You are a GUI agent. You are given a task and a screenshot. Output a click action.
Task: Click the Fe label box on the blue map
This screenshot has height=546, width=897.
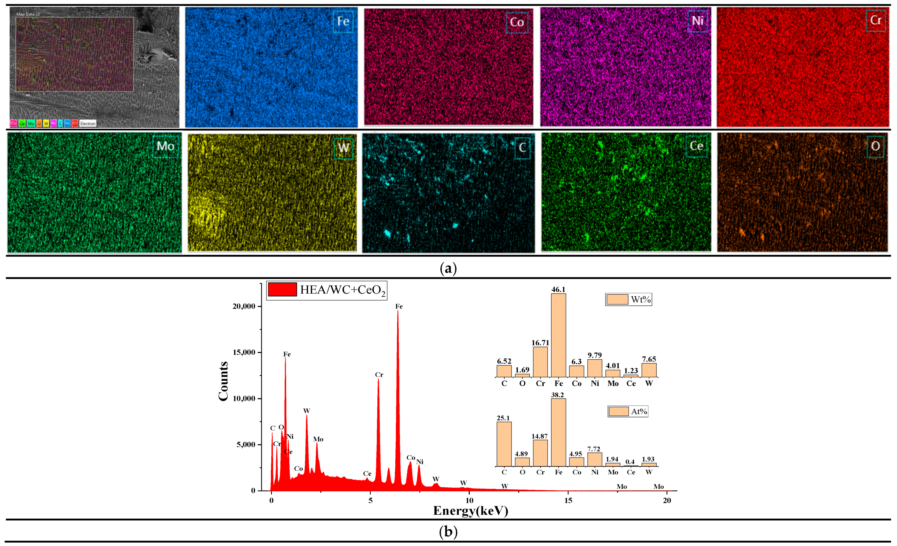click(343, 21)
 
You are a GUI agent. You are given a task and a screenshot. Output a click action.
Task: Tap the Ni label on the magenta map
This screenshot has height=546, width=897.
click(697, 21)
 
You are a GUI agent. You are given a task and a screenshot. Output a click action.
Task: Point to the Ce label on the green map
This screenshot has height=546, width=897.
click(696, 146)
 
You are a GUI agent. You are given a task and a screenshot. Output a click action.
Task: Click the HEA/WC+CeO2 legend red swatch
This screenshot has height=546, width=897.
click(282, 289)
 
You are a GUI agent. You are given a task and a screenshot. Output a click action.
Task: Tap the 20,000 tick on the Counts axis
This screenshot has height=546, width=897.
click(244, 307)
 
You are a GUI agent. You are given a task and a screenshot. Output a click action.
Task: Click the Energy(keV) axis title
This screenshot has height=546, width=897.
click(470, 511)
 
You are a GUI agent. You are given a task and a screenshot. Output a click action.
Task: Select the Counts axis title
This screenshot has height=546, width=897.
click(223, 381)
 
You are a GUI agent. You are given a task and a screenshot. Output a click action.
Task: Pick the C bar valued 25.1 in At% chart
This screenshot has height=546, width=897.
click(504, 444)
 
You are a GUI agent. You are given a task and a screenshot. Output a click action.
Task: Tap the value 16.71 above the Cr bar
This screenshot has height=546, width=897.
click(540, 343)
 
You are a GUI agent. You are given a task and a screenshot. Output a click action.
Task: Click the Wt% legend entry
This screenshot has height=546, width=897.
click(629, 299)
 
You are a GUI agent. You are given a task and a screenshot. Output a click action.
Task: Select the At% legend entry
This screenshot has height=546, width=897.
click(628, 411)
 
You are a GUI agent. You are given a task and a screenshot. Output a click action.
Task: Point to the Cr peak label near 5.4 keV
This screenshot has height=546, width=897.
click(379, 375)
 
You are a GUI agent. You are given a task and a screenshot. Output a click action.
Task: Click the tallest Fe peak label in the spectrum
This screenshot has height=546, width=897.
click(399, 306)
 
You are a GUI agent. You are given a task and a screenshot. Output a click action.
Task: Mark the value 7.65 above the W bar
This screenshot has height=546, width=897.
click(649, 359)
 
